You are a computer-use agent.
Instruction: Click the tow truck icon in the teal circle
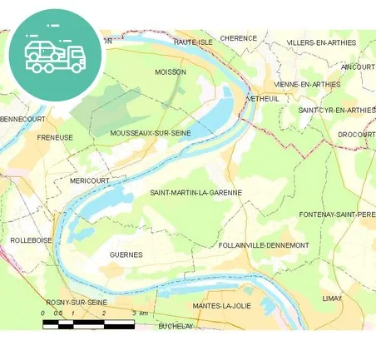55,55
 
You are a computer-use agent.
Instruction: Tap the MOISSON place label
171,72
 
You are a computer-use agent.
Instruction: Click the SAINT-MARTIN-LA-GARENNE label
196,193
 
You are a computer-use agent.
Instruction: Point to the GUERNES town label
126,254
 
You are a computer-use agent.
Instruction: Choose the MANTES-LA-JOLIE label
222,306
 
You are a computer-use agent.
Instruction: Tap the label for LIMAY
332,297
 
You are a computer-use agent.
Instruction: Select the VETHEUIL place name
264,98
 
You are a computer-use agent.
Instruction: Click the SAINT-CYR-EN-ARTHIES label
336,110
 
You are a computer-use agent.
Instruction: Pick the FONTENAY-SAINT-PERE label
336,215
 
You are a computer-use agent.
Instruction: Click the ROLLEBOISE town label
31,239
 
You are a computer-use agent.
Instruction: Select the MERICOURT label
90,180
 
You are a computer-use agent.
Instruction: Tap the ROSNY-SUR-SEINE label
76,302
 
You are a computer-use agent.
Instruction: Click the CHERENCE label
239,38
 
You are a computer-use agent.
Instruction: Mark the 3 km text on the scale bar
140,313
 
